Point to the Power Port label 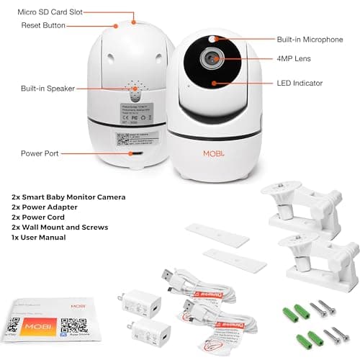pos(39,153)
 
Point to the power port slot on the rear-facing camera pos(132,152)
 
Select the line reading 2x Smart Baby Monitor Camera pos(68,197)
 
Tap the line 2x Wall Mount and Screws pos(59,227)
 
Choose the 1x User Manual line pos(44,237)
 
